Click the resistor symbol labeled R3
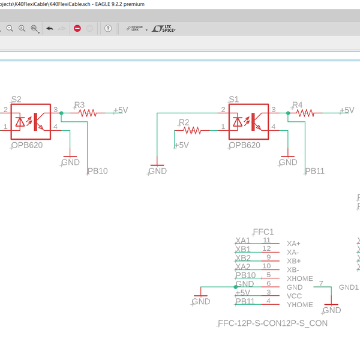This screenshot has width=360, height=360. (x=88, y=112)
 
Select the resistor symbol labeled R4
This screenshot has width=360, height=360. (x=306, y=112)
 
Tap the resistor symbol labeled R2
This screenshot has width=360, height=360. (x=193, y=130)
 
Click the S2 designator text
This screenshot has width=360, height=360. (x=16, y=100)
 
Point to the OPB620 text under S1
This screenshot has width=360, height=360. (x=244, y=145)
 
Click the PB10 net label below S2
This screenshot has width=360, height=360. (x=97, y=171)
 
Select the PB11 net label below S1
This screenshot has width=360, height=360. (x=314, y=171)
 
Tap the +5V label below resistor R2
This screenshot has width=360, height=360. (x=181, y=145)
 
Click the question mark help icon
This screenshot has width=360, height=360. (x=108, y=28)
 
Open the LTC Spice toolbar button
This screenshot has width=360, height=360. (x=164, y=28)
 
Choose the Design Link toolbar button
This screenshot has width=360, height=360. (x=134, y=28)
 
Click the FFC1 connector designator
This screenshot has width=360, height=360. (x=263, y=232)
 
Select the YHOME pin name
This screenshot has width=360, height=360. (x=299, y=305)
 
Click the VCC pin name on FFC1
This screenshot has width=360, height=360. (x=294, y=296)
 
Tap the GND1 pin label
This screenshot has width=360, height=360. (x=349, y=287)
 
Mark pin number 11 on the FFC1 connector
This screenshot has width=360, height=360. (x=266, y=240)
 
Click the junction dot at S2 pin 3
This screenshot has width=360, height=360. (x=61, y=112)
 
